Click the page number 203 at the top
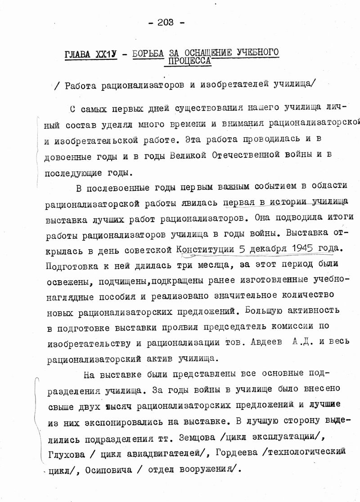166,22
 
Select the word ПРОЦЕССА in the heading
189,61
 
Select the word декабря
265,249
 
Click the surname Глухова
66,454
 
